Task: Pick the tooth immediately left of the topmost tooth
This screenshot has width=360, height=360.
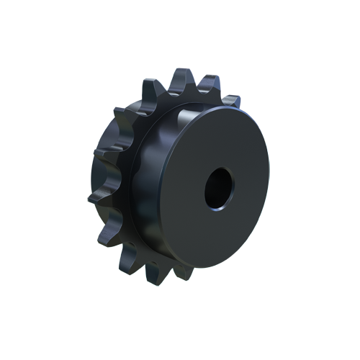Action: click(150, 85)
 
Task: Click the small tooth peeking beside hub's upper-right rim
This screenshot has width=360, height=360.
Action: click(229, 99)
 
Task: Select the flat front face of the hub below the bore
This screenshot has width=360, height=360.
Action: click(216, 238)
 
